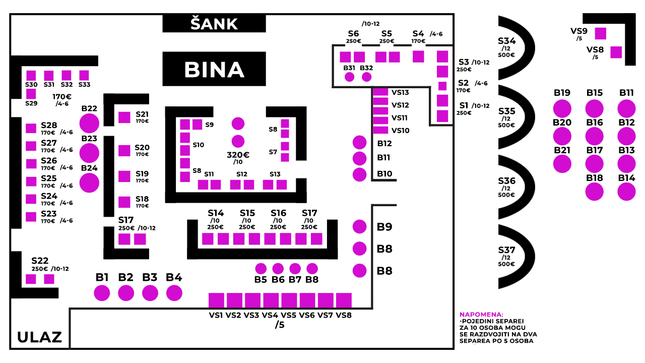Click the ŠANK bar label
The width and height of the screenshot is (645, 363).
click(x=214, y=24)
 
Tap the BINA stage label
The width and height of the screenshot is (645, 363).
click(x=214, y=70)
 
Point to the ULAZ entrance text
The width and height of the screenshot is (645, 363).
click(x=39, y=337)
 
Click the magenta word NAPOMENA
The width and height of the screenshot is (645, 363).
click(x=481, y=314)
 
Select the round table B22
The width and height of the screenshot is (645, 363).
click(x=89, y=124)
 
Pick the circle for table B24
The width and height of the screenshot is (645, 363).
click(x=89, y=183)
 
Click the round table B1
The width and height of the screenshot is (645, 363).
click(x=102, y=293)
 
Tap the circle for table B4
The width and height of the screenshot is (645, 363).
click(x=174, y=293)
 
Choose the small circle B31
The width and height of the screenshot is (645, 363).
click(x=349, y=77)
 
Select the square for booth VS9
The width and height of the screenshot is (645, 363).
click(x=600, y=33)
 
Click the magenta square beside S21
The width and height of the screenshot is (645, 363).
click(x=124, y=117)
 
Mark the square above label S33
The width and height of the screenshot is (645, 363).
click(x=84, y=76)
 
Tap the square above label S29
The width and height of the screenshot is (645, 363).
click(x=31, y=94)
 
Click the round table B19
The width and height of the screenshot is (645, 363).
click(x=562, y=108)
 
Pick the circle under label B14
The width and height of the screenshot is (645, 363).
click(x=626, y=192)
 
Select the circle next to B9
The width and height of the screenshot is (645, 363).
click(x=359, y=226)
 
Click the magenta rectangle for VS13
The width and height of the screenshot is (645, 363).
click(x=380, y=92)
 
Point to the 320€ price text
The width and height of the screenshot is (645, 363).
click(x=238, y=155)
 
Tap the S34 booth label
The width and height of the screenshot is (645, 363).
click(x=507, y=41)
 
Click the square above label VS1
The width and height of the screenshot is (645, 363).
click(x=216, y=300)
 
